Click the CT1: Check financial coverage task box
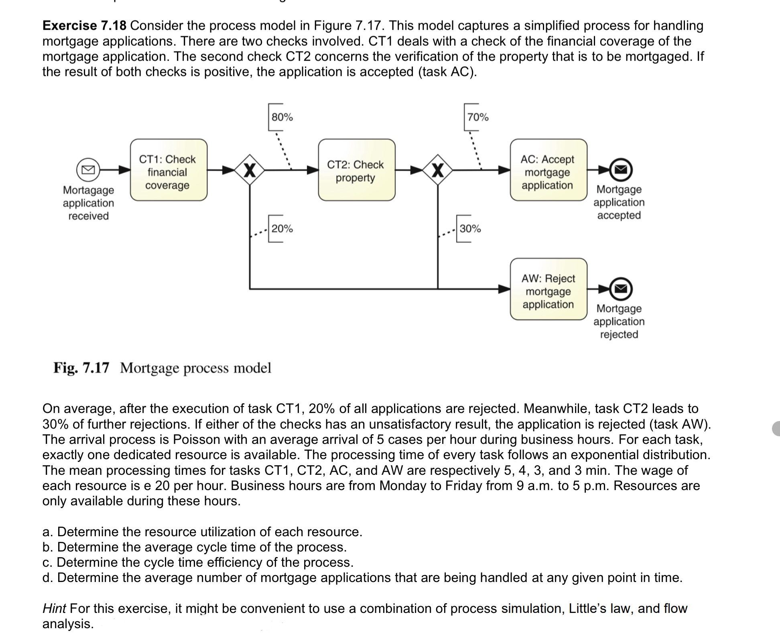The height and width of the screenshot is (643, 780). (169, 170)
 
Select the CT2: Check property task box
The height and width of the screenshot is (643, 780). (356, 170)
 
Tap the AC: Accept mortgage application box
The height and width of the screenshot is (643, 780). (548, 170)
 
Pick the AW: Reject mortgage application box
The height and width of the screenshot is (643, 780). (548, 289)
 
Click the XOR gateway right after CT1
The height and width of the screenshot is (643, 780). (250, 170)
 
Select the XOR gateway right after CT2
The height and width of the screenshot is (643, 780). (437, 170)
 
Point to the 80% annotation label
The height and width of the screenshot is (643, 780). (282, 117)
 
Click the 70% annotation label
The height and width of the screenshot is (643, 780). (478, 117)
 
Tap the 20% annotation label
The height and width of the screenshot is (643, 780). (282, 229)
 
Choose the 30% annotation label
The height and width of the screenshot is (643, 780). (470, 229)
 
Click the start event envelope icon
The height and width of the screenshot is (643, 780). (88, 170)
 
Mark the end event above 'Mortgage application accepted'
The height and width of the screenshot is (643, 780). (621, 170)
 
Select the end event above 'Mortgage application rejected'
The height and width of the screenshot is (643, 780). (621, 289)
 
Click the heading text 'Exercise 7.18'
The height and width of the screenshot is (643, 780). (84, 26)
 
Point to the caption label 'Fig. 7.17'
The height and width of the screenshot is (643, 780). (81, 368)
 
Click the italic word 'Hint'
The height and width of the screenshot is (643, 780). (54, 608)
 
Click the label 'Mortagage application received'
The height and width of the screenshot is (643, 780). (88, 203)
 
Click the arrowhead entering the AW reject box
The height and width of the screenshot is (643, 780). (504, 289)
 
